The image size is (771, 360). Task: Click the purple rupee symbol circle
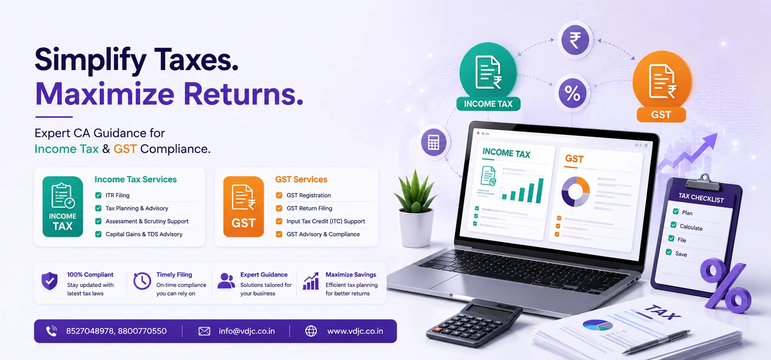(x=575, y=40)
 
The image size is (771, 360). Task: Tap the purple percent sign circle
(x=572, y=93)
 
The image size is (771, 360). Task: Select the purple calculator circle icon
(x=434, y=142)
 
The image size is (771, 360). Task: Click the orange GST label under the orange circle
(x=661, y=115)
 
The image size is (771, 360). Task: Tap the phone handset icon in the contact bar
(x=52, y=331)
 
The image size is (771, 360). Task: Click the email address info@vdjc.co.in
(x=247, y=331)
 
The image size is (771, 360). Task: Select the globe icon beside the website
(x=311, y=331)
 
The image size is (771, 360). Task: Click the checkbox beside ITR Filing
(x=98, y=195)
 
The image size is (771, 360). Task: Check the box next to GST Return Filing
(x=279, y=208)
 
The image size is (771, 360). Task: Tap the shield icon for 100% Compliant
(x=50, y=281)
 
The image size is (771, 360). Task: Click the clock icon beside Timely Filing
(x=142, y=281)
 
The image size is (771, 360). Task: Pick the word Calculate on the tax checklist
(x=691, y=227)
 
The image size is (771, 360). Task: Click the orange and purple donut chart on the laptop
(x=576, y=192)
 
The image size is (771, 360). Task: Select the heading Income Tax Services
(x=136, y=179)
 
